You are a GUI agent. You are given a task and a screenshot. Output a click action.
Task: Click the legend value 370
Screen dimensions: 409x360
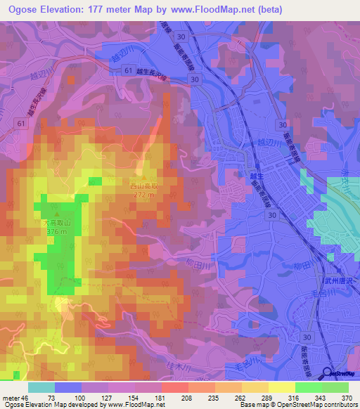(x=347, y=397)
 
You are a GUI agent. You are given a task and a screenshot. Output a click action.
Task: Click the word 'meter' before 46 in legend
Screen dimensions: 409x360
(x=11, y=397)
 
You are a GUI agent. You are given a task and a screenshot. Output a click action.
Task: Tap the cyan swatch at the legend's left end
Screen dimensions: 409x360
(x=41, y=387)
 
